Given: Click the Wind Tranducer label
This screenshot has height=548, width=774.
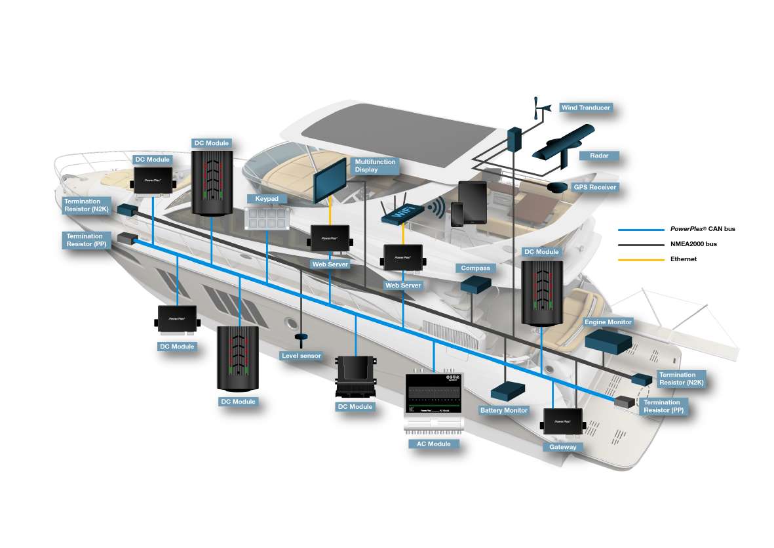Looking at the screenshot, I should (585, 108).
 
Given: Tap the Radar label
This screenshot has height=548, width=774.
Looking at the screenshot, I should (599, 156).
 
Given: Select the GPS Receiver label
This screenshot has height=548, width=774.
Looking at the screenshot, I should (594, 187).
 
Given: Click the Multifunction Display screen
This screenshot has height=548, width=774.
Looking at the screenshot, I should (331, 179).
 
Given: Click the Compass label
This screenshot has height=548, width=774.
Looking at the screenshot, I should (475, 268).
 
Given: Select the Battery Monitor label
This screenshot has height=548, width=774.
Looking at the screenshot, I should (504, 410).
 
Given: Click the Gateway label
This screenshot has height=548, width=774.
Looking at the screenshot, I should (563, 447).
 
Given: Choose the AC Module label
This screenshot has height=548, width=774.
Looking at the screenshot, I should (434, 444).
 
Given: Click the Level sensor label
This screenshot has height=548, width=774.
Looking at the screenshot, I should (301, 356).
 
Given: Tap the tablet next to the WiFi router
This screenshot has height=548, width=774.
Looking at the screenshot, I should (472, 202).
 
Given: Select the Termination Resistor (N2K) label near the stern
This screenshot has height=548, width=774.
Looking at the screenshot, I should (677, 379).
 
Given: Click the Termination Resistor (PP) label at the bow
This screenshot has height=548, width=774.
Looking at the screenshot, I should (85, 240).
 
